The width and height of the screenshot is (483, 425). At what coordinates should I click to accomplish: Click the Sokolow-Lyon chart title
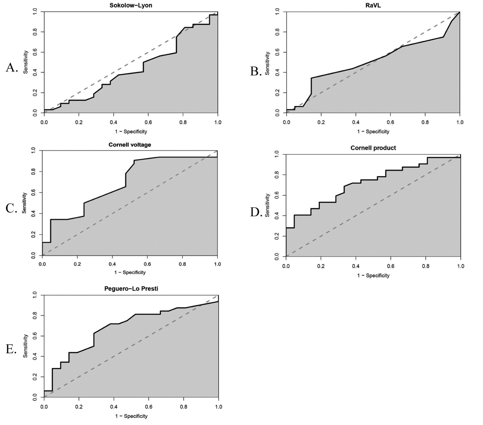(131, 5)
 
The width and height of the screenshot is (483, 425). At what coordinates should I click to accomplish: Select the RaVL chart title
(373, 5)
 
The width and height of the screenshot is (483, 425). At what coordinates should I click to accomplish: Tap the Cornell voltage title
(130, 145)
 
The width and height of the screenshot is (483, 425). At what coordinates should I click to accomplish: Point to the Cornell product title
(373, 148)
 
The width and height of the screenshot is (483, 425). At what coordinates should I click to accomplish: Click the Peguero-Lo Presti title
(131, 289)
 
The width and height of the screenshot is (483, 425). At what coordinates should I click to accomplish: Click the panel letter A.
(11, 68)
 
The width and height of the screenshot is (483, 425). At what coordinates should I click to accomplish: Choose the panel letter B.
(256, 72)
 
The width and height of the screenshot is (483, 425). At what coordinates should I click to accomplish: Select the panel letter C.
(11, 208)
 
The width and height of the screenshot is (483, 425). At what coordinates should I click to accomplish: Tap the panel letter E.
(11, 349)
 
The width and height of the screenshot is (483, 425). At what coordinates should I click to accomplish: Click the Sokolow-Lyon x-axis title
(131, 132)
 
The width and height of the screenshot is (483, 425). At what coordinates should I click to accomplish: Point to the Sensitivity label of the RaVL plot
(267, 63)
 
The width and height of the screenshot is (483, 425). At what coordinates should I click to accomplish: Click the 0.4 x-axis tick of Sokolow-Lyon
(113, 122)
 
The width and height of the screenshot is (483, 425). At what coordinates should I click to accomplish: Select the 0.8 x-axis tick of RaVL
(425, 122)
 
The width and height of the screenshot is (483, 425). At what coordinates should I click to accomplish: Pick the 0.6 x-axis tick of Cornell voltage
(147, 264)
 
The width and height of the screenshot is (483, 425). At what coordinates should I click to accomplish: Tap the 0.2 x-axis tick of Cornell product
(321, 266)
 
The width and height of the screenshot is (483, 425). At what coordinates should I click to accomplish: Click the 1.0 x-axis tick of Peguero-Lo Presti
(218, 407)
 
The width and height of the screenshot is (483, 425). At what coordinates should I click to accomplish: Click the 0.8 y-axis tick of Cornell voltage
(33, 171)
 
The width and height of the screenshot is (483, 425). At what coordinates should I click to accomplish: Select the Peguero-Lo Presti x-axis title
(131, 416)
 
